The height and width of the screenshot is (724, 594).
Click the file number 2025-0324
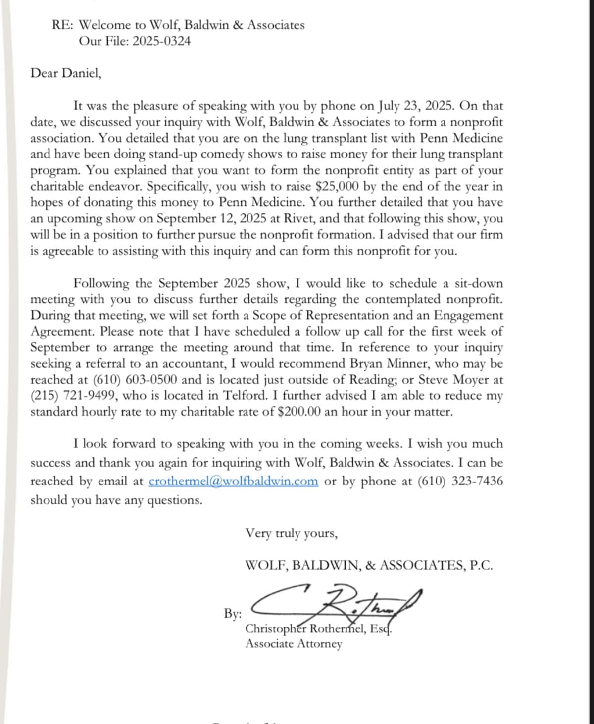point(161,41)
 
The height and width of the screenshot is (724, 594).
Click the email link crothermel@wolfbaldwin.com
point(233,481)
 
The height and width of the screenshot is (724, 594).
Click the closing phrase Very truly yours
point(291,533)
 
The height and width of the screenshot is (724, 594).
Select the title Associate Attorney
point(294,644)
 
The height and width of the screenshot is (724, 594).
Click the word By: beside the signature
point(233,614)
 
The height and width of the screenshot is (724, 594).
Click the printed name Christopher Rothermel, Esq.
point(319,629)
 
